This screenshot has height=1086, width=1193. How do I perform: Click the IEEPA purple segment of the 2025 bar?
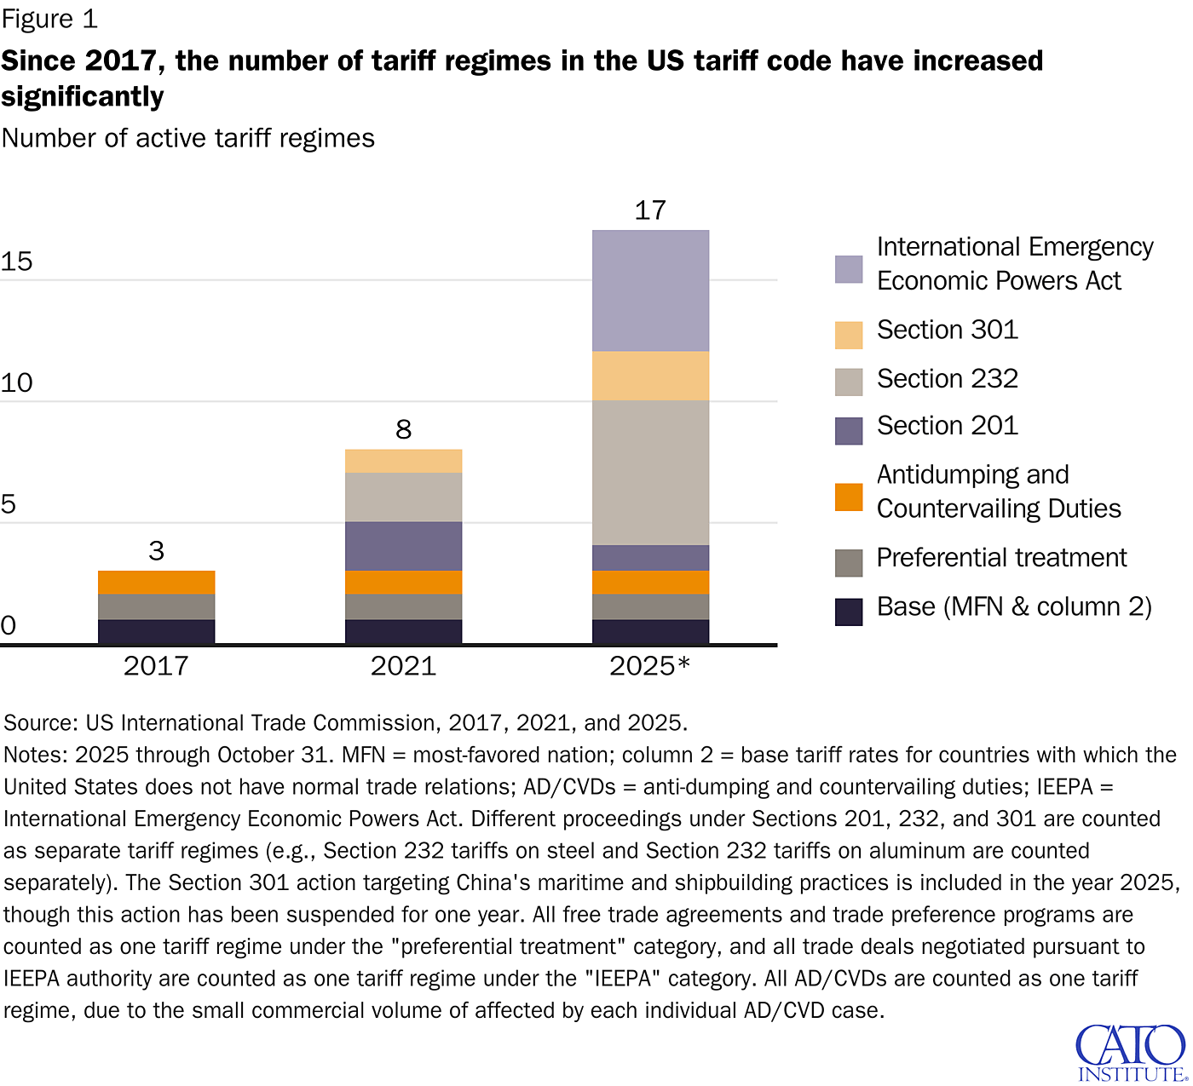650,290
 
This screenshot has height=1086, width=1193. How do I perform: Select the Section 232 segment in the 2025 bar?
650,473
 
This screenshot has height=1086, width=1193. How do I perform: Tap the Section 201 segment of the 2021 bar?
403,546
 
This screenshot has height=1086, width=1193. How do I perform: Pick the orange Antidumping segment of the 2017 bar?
156,583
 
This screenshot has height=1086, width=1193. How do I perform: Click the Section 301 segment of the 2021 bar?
403,461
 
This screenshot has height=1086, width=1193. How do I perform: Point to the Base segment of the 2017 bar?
156,631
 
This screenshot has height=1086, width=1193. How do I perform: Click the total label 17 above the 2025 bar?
650,210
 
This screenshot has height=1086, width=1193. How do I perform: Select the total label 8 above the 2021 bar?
403,429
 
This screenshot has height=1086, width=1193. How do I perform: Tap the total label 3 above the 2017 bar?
156,551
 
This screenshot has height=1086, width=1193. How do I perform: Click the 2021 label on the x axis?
403,665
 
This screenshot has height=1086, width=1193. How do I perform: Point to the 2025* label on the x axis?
649,665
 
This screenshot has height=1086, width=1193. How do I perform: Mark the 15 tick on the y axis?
16,261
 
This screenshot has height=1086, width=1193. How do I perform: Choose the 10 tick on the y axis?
16,383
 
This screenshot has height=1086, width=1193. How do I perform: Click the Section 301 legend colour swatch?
849,335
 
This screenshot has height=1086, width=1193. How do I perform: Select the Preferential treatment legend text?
1001,558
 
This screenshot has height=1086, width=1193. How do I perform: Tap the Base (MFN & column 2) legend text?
1014,607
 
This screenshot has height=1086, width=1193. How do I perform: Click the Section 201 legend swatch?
849,431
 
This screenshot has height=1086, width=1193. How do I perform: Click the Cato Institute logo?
1130,1053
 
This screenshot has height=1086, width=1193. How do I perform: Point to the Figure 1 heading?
49,19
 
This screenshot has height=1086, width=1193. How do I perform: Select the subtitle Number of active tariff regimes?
188,138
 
